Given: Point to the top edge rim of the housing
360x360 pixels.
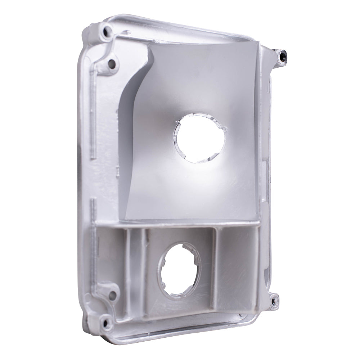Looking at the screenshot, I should (180, 20).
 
